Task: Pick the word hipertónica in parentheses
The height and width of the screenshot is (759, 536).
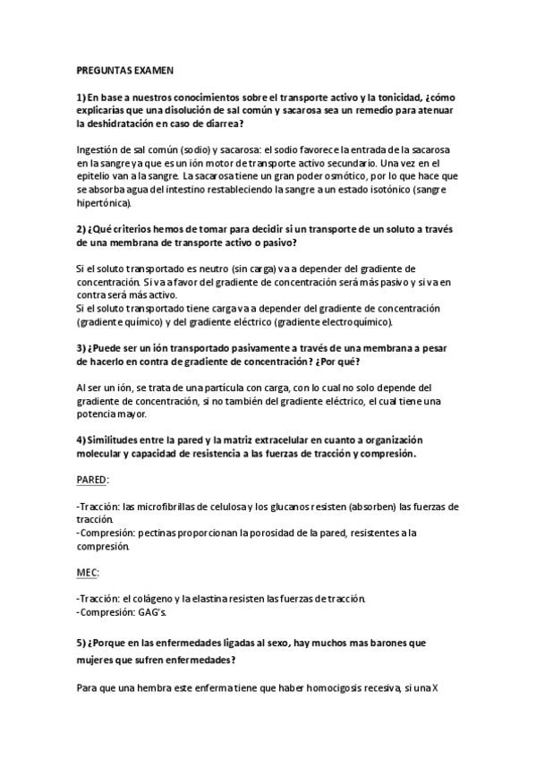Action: [106, 204]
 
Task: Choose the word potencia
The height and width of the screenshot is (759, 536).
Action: [99, 414]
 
